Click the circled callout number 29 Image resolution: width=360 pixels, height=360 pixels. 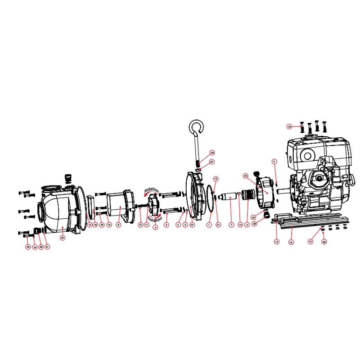coord(63,237)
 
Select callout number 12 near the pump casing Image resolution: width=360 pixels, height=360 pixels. coord(90,224)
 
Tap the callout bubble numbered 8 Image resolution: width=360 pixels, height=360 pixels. coord(118,224)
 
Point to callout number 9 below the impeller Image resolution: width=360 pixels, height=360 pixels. coord(156,228)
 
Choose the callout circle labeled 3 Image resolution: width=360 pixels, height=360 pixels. coord(166,224)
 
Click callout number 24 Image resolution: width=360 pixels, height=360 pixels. coord(192,224)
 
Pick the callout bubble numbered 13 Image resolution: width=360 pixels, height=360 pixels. coord(216,179)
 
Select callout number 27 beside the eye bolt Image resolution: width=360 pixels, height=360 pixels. coord(212,162)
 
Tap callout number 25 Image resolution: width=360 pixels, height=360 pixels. coord(246,175)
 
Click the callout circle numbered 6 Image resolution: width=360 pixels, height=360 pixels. coord(274,161)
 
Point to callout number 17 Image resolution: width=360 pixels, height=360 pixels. coord(276,242)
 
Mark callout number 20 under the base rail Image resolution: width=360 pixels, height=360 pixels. coord(324,242)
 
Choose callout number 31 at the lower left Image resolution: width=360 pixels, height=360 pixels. coord(47,247)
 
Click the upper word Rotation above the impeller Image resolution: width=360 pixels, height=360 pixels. coord(152,191)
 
